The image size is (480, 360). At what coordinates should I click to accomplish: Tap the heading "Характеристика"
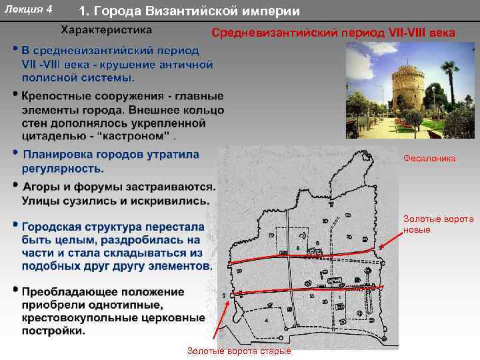[107, 30]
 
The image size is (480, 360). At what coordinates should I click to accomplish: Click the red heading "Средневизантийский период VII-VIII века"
[333, 33]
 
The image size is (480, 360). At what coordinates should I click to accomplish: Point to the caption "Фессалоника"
[429, 159]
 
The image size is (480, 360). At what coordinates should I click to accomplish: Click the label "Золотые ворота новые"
[438, 224]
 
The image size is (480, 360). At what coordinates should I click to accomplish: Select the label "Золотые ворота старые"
[239, 351]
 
